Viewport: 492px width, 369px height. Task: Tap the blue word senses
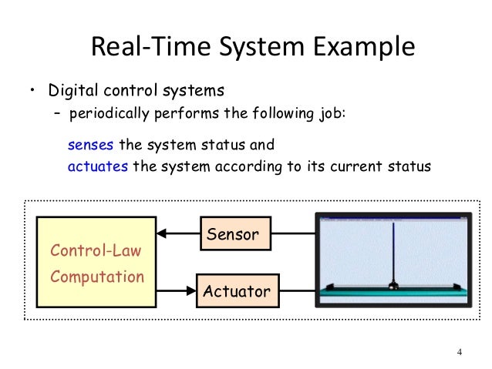(x=91, y=145)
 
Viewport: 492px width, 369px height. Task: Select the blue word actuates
(x=98, y=166)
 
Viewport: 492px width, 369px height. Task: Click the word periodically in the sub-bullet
(x=109, y=115)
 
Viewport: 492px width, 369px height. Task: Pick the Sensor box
(x=236, y=233)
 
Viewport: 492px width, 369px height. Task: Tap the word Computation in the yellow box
(x=97, y=277)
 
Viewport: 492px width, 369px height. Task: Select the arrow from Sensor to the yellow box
(x=177, y=233)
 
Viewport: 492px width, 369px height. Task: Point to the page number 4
(x=460, y=353)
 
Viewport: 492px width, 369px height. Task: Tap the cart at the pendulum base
(x=393, y=287)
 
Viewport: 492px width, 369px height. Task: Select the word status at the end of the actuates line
(x=408, y=166)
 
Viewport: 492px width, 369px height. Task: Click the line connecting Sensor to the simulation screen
(x=294, y=233)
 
